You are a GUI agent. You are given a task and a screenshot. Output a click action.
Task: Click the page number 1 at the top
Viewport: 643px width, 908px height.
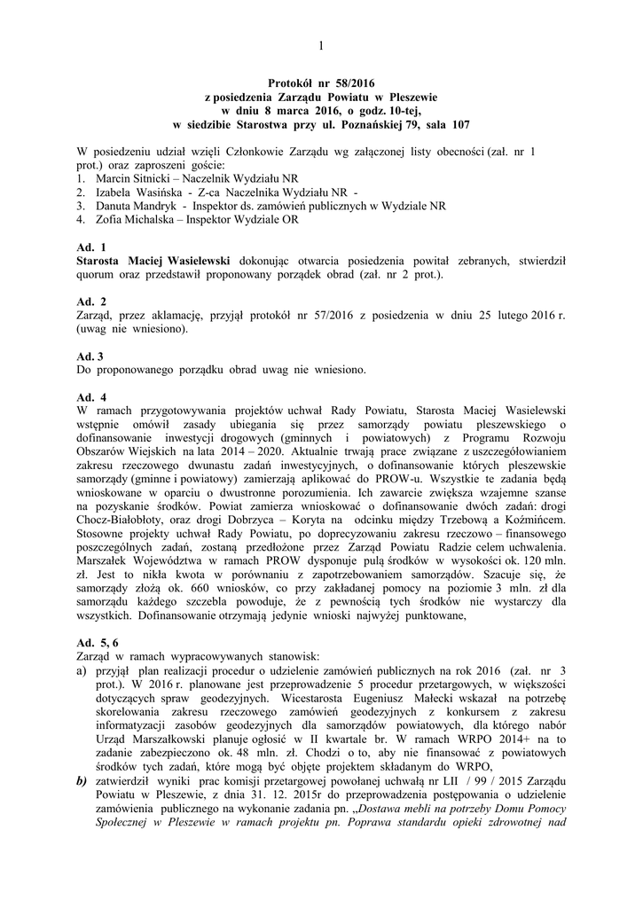(x=321, y=45)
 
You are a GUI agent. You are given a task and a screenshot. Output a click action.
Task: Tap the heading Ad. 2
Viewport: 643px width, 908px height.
(x=91, y=301)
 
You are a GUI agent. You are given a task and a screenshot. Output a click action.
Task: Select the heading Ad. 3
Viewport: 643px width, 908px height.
(x=90, y=356)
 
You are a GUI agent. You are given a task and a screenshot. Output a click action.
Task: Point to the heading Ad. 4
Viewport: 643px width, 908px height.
(x=91, y=397)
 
